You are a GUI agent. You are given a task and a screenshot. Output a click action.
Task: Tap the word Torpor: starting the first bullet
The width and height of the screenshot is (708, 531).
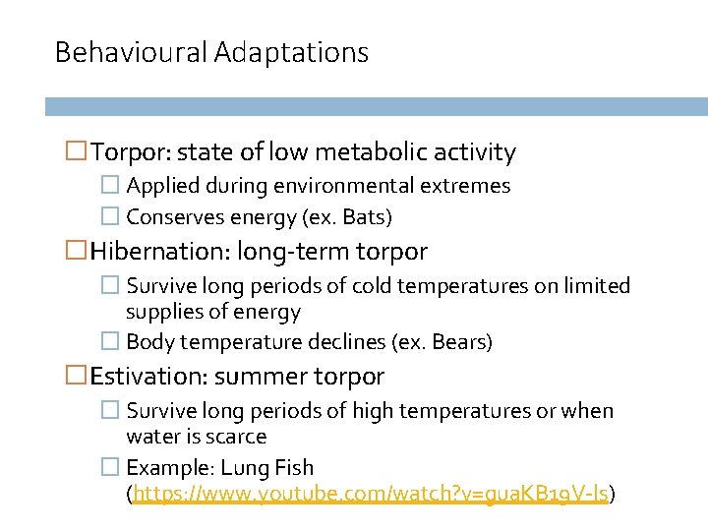[x=132, y=152]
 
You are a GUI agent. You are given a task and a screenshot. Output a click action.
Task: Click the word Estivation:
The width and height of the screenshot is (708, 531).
[x=148, y=377]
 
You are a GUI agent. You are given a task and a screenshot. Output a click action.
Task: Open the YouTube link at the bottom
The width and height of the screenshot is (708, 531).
[x=373, y=495]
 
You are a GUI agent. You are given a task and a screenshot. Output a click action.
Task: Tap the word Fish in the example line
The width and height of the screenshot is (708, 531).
[x=295, y=468]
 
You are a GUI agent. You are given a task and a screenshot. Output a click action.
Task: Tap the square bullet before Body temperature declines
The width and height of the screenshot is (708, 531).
[x=111, y=342]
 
